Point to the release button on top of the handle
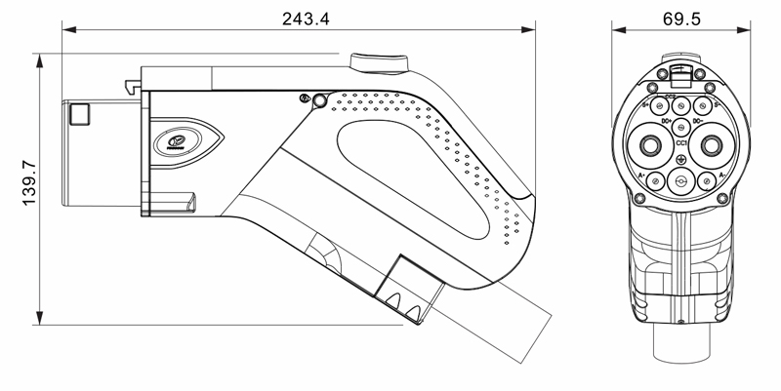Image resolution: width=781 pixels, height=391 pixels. [379, 64]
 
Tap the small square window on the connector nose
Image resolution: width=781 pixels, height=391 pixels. [78, 115]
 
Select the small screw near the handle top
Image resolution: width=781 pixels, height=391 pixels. [306, 98]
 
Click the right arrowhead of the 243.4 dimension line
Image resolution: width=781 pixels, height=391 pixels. [533, 29]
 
